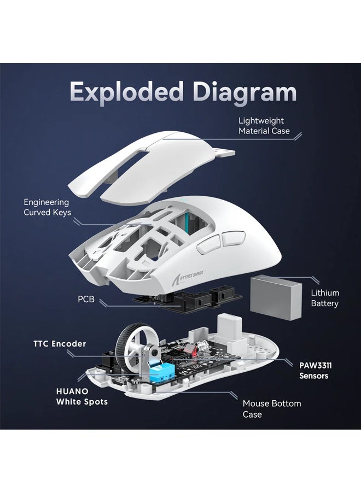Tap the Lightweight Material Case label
coord(264,126)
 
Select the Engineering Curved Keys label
coord(47,207)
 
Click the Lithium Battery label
coord(325,298)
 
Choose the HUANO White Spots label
coord(82,396)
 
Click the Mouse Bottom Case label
coord(271,409)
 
